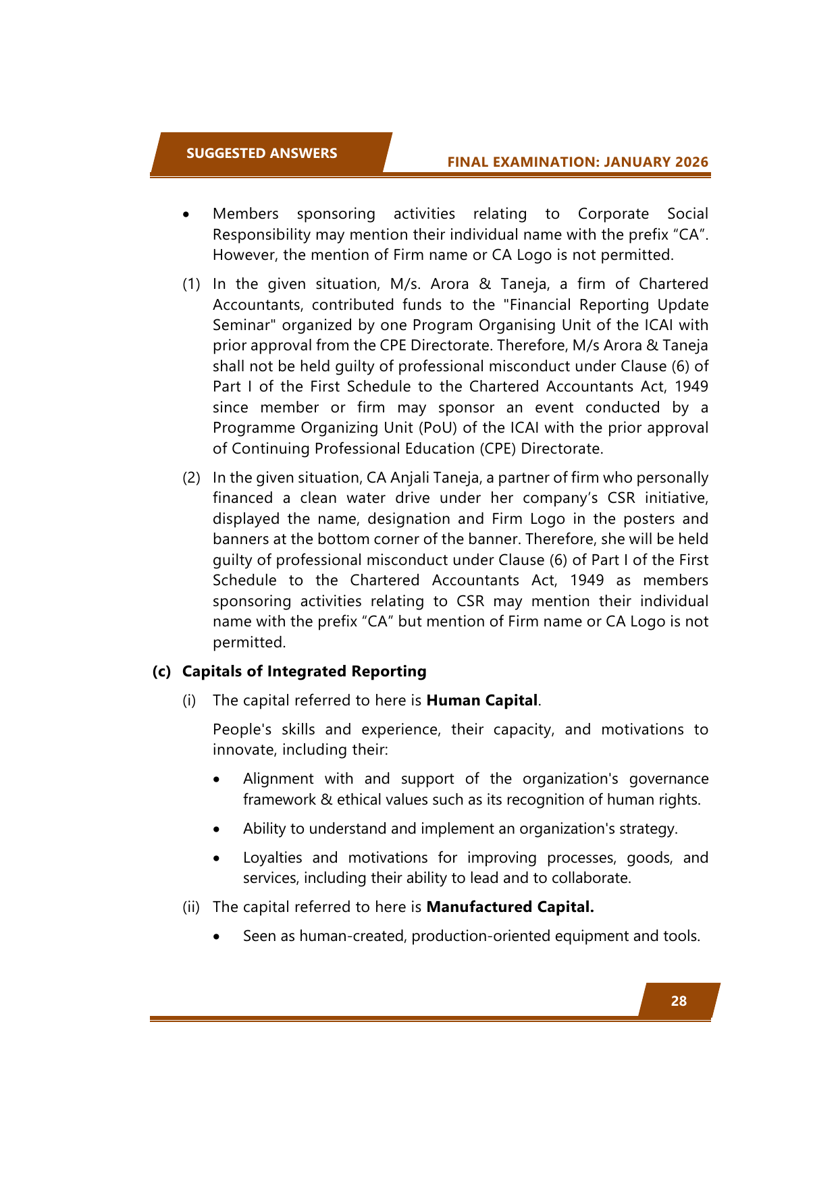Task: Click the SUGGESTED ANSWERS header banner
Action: (x=262, y=153)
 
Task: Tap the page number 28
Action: (x=679, y=1001)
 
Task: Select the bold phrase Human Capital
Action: (x=482, y=700)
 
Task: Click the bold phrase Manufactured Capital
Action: (x=510, y=907)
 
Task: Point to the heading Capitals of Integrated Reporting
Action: (x=305, y=671)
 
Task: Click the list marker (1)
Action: (x=191, y=284)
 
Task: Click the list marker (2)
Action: (x=191, y=478)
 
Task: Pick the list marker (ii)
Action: (x=191, y=907)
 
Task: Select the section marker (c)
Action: (x=161, y=671)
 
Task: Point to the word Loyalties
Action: (x=273, y=857)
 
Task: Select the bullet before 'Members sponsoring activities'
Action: (x=185, y=215)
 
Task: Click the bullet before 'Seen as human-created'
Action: (x=216, y=937)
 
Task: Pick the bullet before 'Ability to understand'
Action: (x=216, y=829)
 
